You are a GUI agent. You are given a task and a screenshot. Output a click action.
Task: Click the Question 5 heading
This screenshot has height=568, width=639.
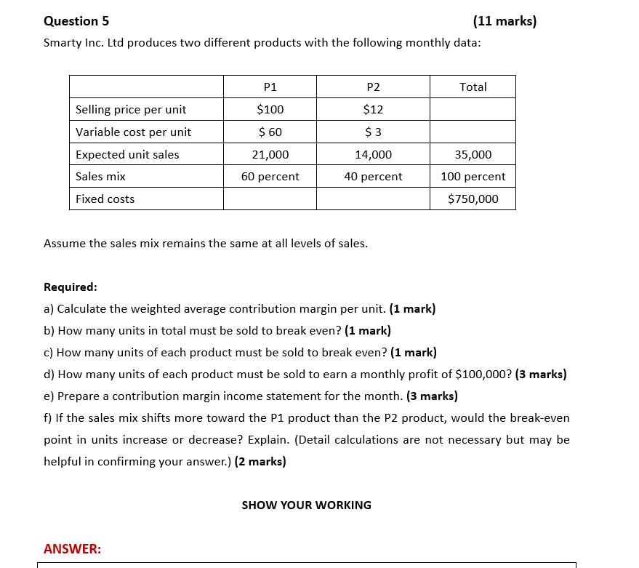click(x=71, y=21)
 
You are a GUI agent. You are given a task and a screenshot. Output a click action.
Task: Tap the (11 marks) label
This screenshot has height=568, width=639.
click(x=504, y=21)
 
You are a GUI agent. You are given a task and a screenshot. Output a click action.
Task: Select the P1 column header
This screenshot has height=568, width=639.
click(x=270, y=87)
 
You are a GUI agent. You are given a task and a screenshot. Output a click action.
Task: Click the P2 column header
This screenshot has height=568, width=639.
click(x=373, y=87)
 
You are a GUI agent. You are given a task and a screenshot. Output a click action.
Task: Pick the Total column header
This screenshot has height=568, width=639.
click(x=473, y=87)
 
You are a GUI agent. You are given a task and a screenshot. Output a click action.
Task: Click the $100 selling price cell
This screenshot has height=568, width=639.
click(x=270, y=110)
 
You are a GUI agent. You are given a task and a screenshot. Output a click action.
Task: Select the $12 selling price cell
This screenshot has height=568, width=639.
click(x=373, y=110)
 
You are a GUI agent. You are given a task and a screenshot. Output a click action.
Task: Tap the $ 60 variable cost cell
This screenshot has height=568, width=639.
click(x=270, y=132)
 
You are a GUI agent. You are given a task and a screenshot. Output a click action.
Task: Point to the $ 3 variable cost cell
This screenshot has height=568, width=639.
click(x=373, y=132)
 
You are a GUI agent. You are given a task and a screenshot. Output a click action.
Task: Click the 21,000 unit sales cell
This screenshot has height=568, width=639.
click(x=270, y=155)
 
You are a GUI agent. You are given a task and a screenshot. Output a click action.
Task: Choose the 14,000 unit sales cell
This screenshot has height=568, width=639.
click(x=373, y=155)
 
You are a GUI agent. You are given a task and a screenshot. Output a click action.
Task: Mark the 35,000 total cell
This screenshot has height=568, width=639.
click(x=473, y=155)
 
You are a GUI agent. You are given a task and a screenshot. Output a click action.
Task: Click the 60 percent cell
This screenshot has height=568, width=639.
click(x=270, y=177)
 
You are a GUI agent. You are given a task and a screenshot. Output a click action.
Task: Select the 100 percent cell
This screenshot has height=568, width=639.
click(x=473, y=177)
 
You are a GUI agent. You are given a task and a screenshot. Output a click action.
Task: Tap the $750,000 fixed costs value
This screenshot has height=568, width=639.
click(x=473, y=199)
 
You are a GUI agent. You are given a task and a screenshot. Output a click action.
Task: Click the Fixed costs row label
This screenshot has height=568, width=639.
click(x=105, y=199)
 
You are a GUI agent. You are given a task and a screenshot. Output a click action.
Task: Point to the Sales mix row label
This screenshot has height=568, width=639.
click(x=100, y=177)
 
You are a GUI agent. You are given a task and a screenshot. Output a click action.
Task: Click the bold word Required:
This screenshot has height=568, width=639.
click(x=70, y=287)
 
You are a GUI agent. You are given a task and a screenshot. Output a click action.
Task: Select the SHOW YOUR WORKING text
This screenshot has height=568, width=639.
click(x=306, y=505)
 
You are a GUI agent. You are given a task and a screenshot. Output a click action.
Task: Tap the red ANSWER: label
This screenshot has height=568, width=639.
click(x=72, y=549)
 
